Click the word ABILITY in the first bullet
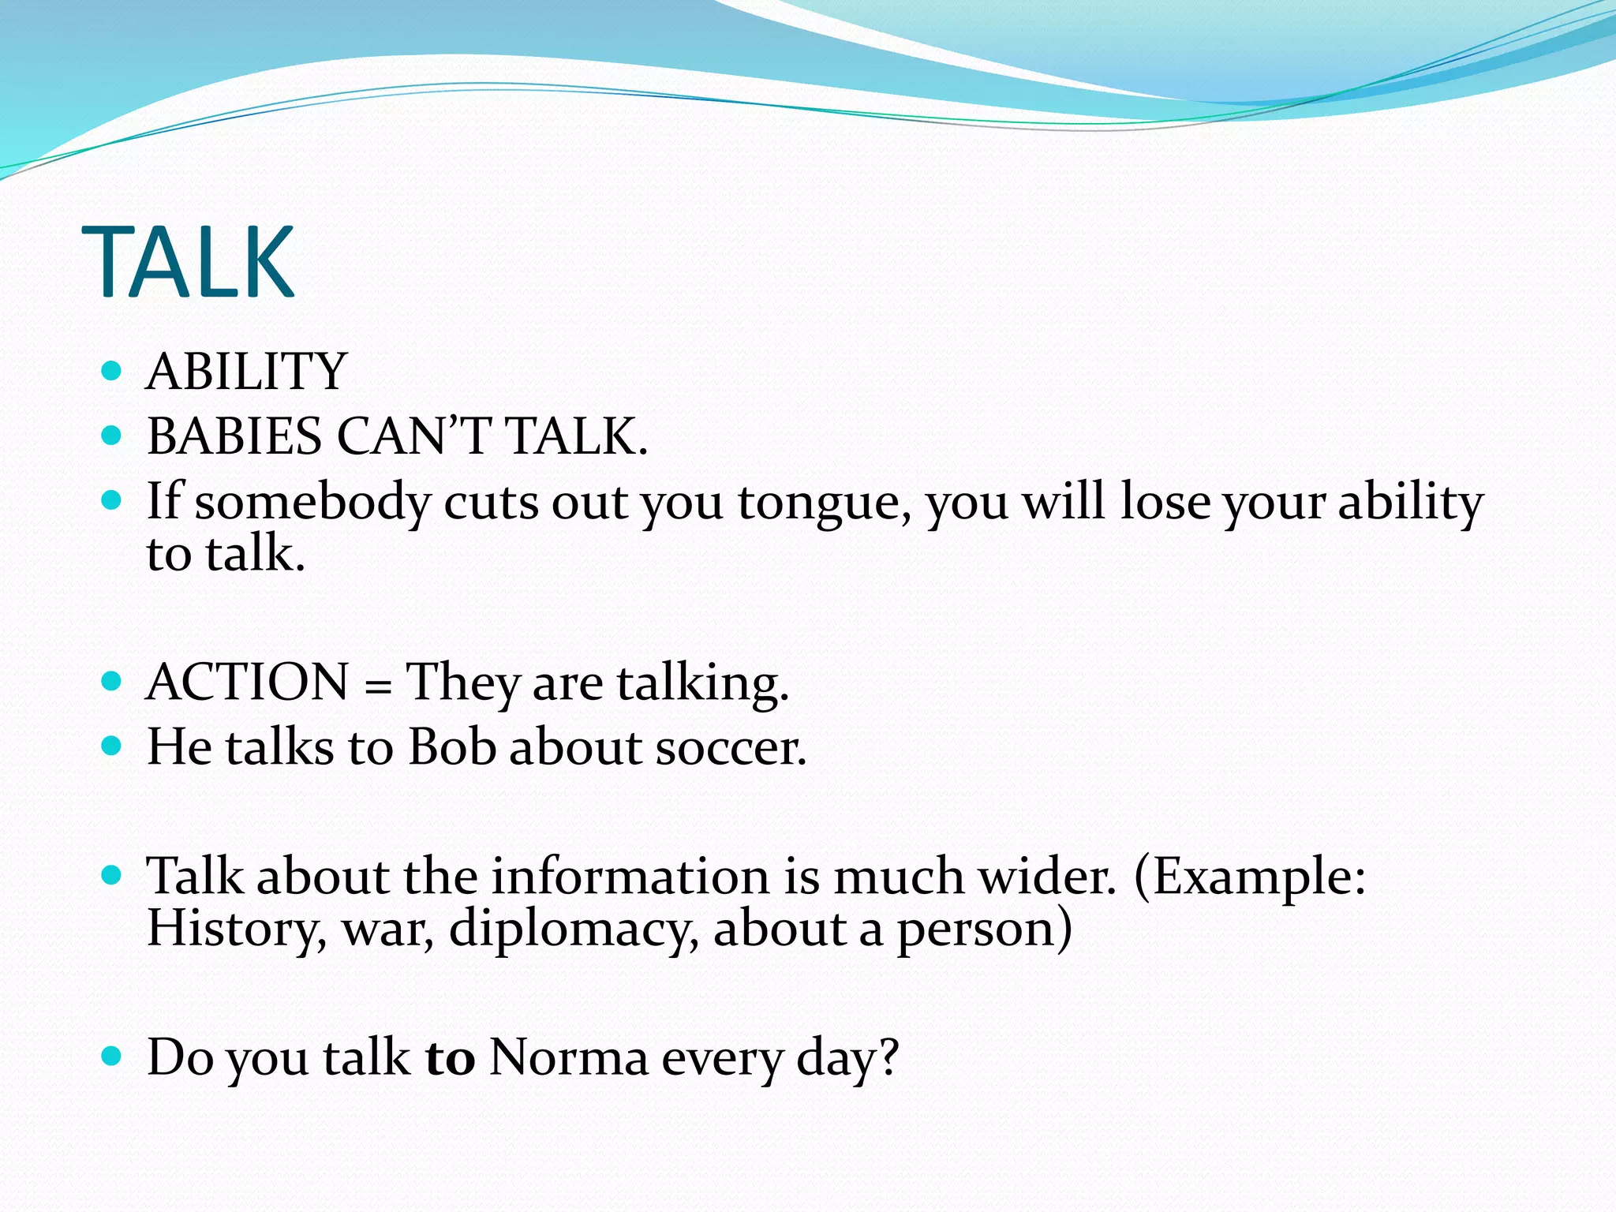(x=246, y=372)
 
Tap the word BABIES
(x=234, y=436)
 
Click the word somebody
(x=312, y=502)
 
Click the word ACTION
(x=247, y=682)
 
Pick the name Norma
(x=568, y=1057)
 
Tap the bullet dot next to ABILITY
(x=112, y=370)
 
